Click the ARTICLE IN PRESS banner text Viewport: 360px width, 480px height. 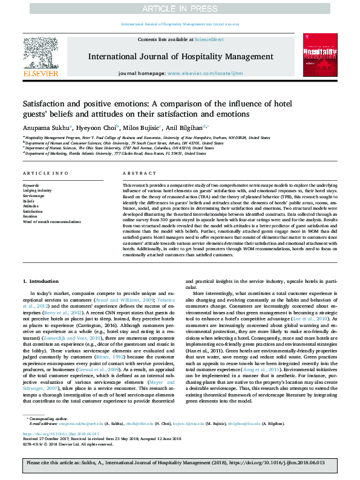coord(179,9)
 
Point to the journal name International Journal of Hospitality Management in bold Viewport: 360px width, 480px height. coord(179,57)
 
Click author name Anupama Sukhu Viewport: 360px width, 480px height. coord(43,128)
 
